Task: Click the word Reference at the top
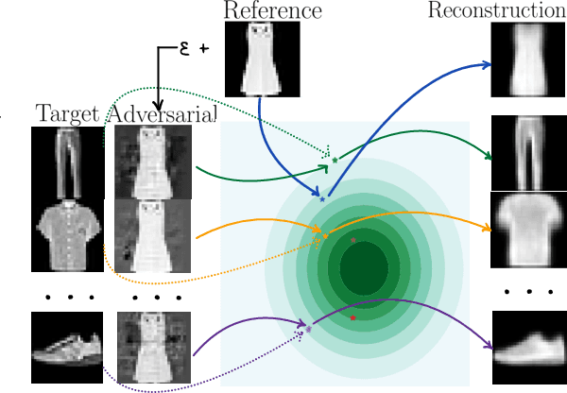pos(272,11)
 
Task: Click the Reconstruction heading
pos(495,11)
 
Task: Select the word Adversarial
pos(163,115)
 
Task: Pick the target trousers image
pos(67,163)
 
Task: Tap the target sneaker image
pos(67,347)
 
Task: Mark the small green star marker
pos(335,161)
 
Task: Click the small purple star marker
pos(308,330)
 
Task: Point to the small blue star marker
pos(322,199)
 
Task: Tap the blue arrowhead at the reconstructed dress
pos(488,65)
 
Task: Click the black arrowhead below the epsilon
pos(159,107)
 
